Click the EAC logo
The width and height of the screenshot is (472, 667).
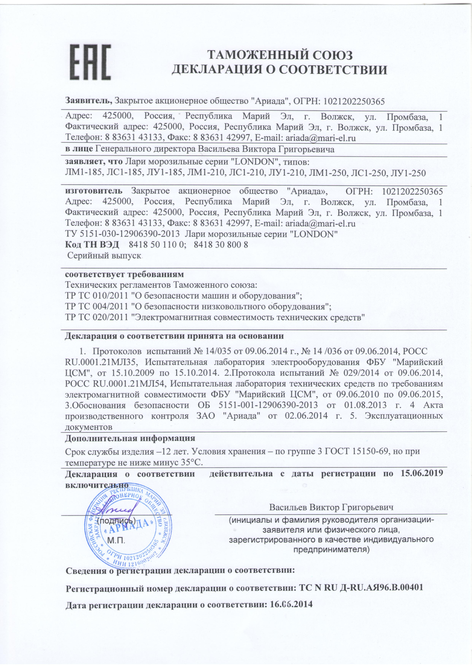click(x=90, y=62)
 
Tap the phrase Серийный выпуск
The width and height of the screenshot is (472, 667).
click(x=104, y=256)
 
